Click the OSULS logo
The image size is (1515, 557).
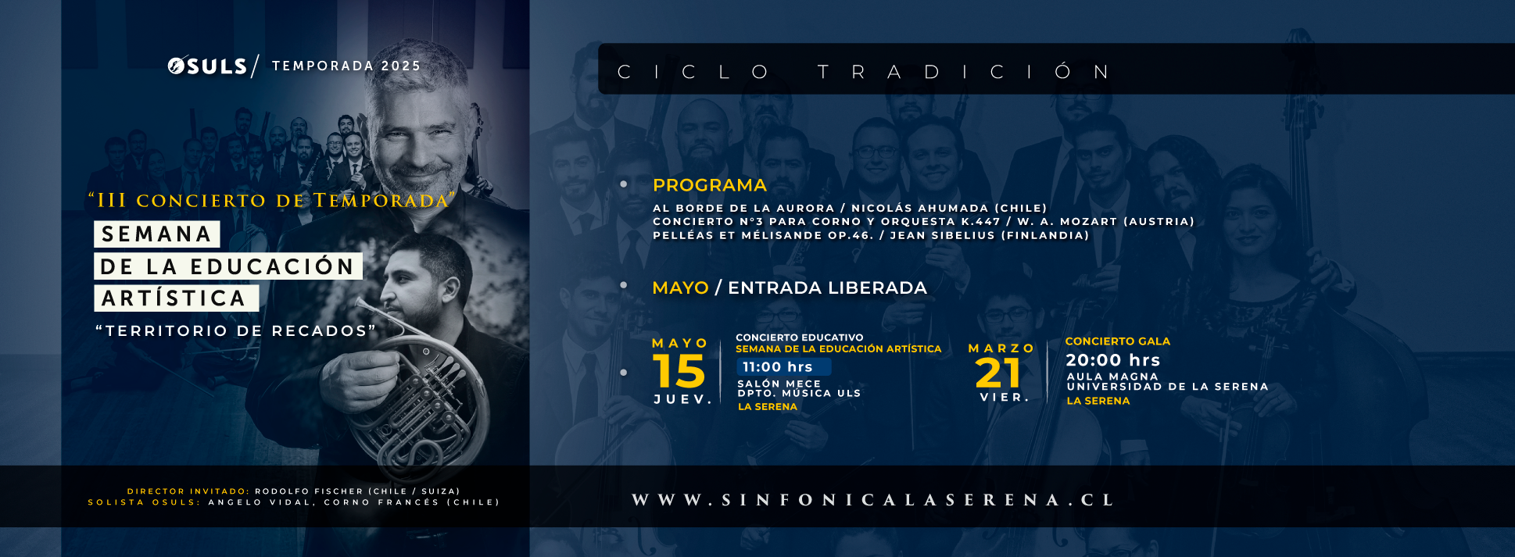207,66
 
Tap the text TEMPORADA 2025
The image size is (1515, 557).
346,66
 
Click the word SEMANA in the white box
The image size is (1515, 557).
157,234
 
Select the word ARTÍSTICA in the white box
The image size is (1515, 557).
174,298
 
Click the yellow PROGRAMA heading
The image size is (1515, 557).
710,185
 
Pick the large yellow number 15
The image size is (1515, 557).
679,371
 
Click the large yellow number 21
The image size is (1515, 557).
998,373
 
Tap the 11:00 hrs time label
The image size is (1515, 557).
778,367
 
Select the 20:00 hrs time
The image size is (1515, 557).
1113,360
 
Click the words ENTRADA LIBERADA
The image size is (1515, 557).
827,287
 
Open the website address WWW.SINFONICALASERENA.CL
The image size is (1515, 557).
873,500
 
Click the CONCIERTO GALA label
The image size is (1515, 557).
1118,341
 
